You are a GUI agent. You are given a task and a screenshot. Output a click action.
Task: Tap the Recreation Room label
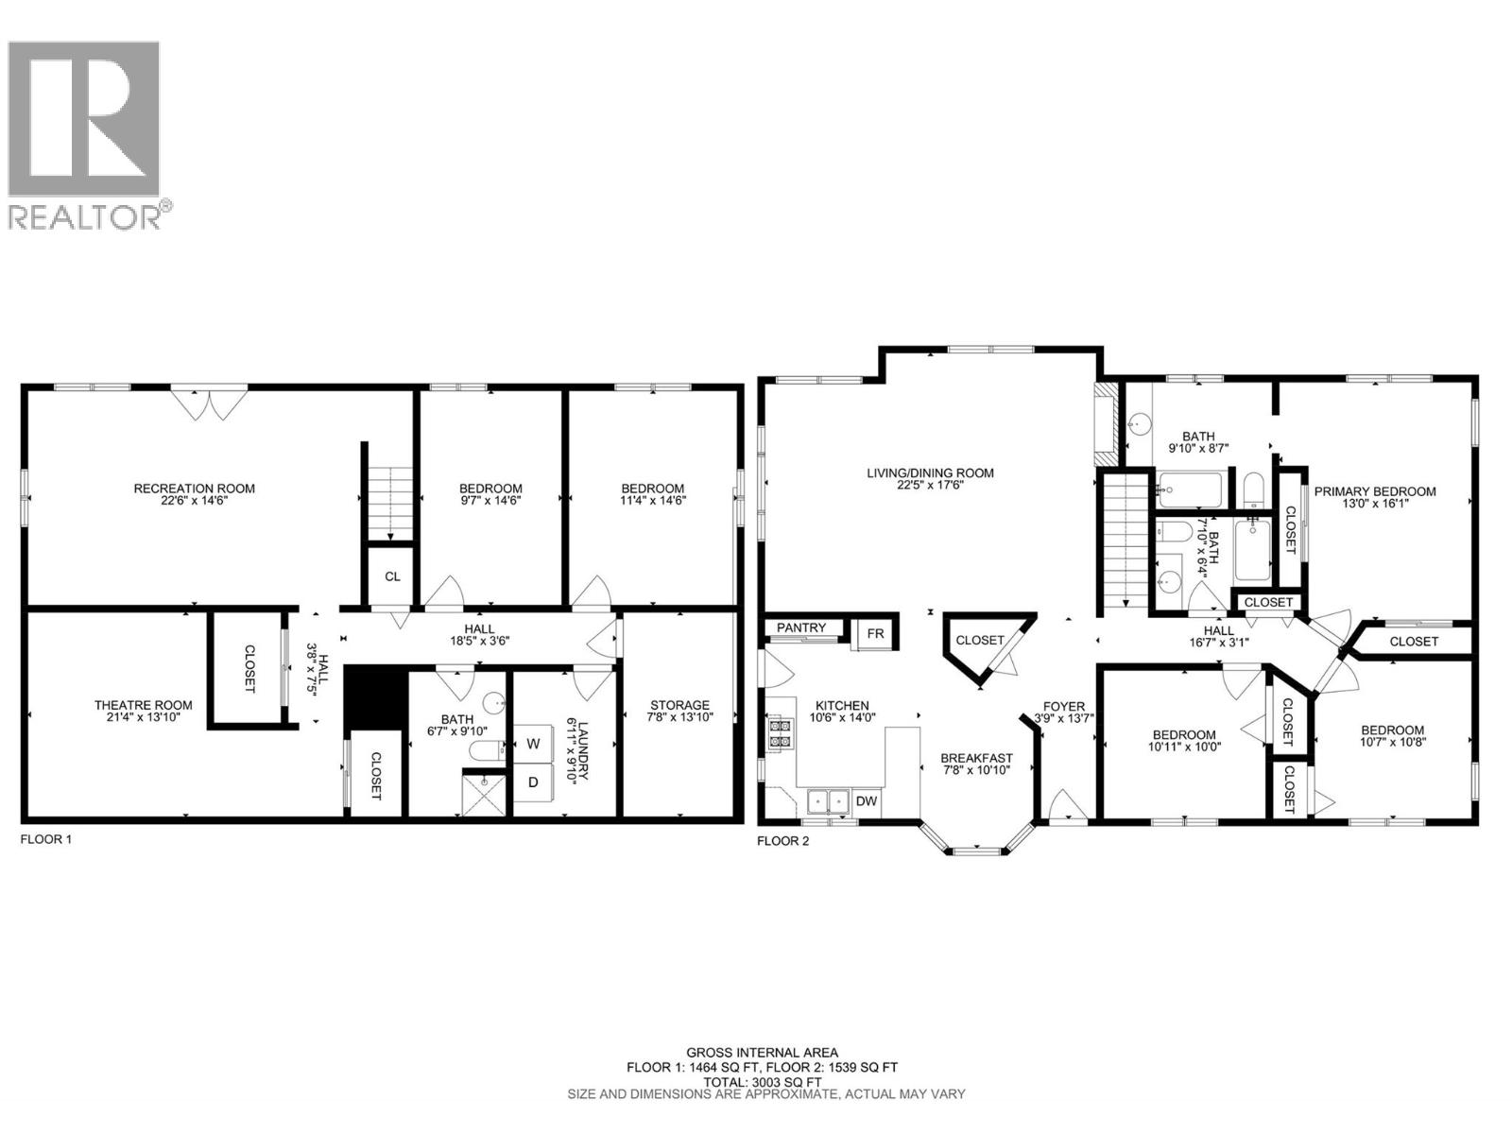coord(195,489)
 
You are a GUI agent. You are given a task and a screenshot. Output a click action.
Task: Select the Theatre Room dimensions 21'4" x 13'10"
coord(144,717)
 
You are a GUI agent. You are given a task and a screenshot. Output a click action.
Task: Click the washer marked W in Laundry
coord(534,744)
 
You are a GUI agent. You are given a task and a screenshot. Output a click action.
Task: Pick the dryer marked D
coord(534,782)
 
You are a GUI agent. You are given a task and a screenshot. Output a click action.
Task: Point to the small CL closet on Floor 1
coord(391,576)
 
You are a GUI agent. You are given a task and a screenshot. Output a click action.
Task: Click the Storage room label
coord(679,705)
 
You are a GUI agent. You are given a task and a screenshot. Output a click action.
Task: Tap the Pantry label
coord(801,628)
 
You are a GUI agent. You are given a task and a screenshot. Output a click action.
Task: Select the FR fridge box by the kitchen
coord(875,634)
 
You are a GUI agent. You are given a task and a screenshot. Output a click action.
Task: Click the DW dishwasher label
coord(866,801)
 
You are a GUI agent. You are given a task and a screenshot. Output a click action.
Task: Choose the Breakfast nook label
coord(976,758)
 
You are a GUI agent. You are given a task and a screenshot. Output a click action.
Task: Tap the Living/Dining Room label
coord(931,472)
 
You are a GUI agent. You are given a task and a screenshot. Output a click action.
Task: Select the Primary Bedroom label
coord(1375,491)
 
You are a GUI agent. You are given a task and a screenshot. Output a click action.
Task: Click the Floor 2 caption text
coord(783,840)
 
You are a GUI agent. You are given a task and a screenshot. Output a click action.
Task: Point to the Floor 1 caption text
coord(45,839)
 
